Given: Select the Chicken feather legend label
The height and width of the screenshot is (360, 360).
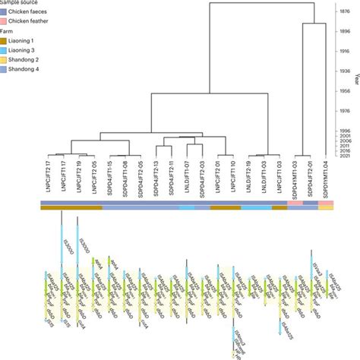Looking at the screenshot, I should pos(33,24).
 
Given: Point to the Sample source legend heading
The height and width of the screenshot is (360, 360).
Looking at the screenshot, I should pos(23,3).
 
